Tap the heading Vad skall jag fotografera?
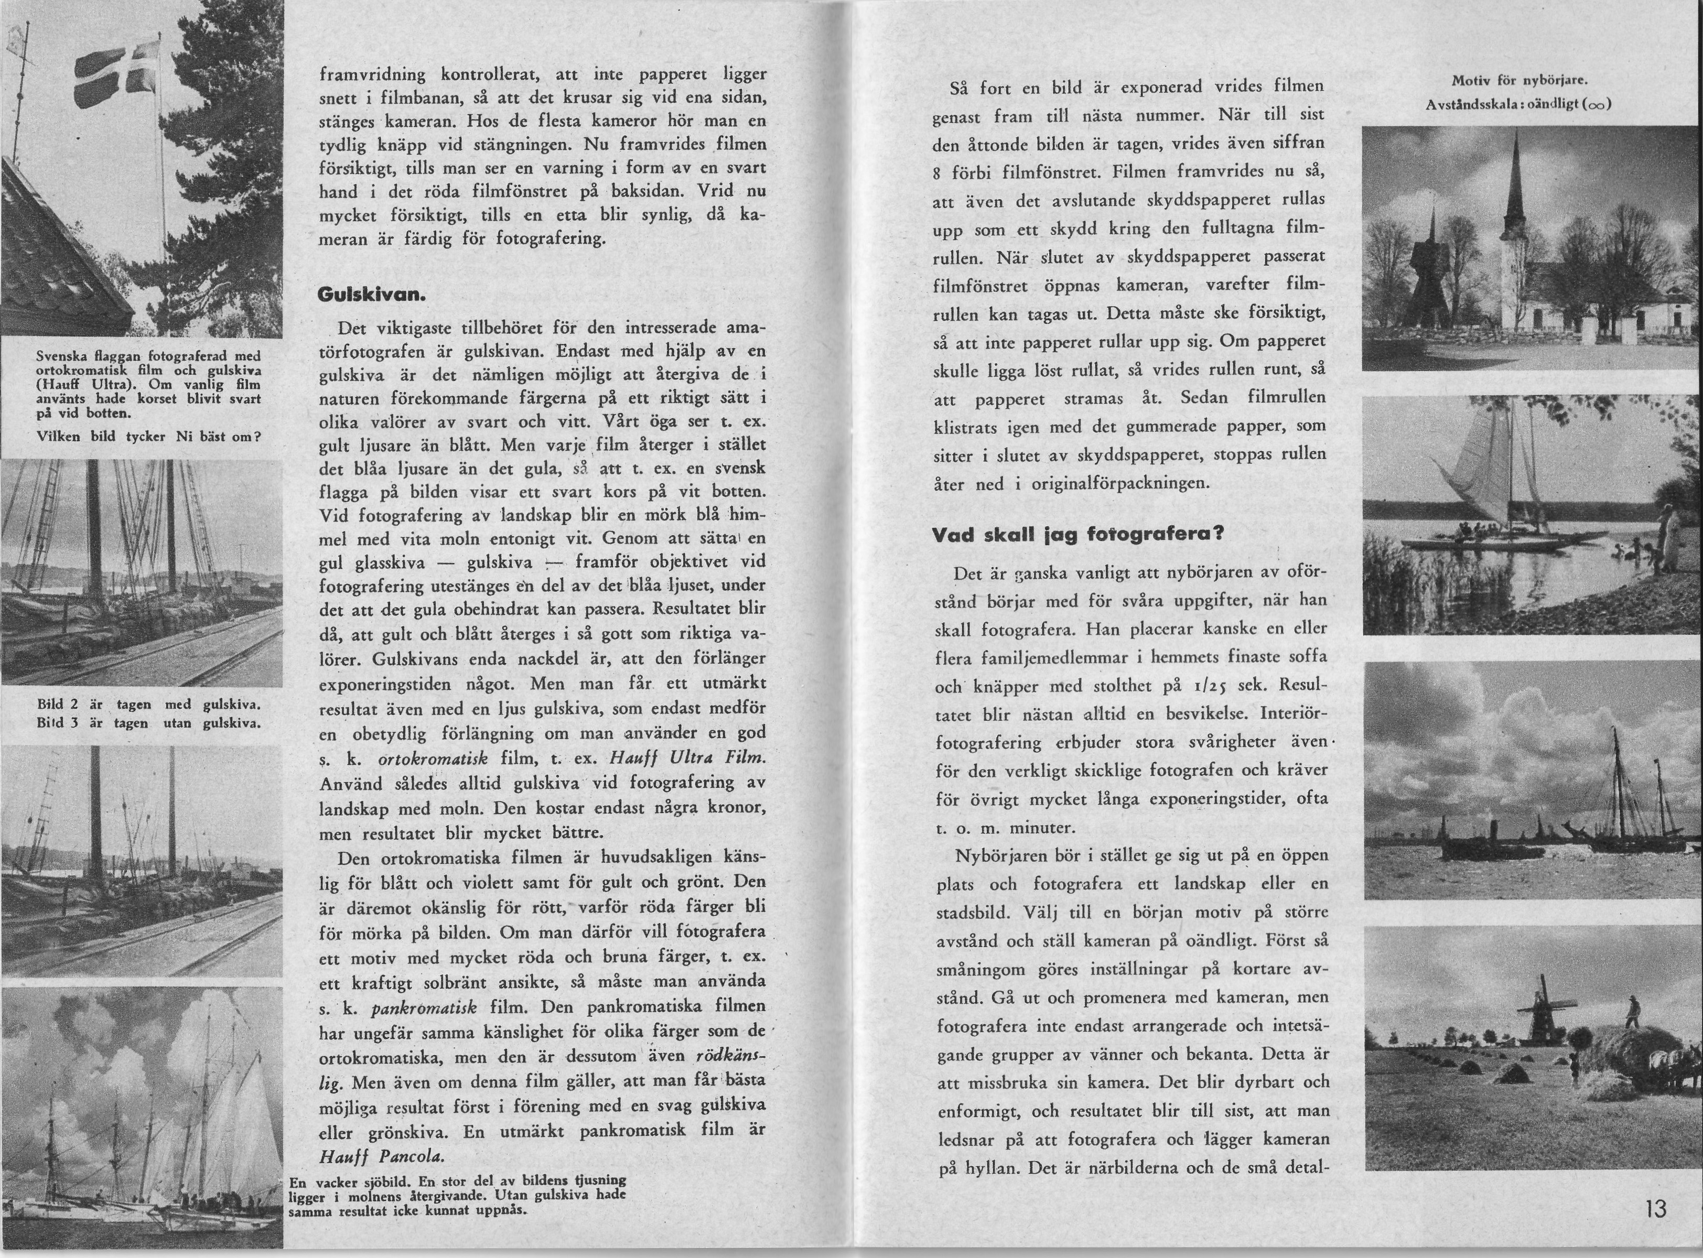(x=1077, y=535)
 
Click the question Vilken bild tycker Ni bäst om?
(x=148, y=437)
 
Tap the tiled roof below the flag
(x=69, y=251)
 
